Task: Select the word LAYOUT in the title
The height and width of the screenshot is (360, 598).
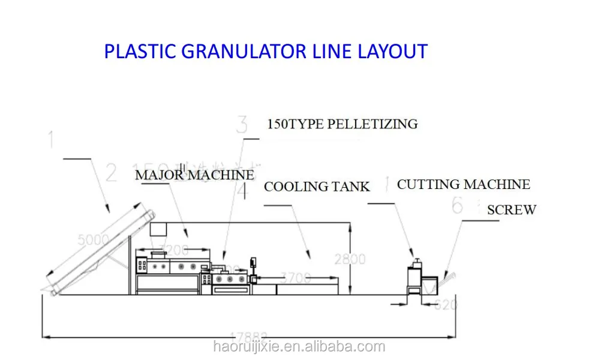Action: [393, 52]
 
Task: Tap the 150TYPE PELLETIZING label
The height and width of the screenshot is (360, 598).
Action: [342, 125]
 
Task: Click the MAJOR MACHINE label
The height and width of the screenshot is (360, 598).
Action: [194, 175]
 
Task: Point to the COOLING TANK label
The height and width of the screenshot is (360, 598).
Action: [317, 187]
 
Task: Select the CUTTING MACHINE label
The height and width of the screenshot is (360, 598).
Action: [463, 184]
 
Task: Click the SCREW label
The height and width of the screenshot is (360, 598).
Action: [511, 210]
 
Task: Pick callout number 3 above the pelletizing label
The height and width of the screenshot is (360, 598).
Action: [242, 125]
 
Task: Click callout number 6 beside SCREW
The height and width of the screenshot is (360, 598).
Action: [458, 206]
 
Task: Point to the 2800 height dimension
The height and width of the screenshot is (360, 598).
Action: [350, 259]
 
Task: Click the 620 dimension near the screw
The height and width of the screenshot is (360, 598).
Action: [446, 304]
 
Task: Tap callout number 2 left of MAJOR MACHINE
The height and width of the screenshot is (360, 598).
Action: [111, 173]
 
